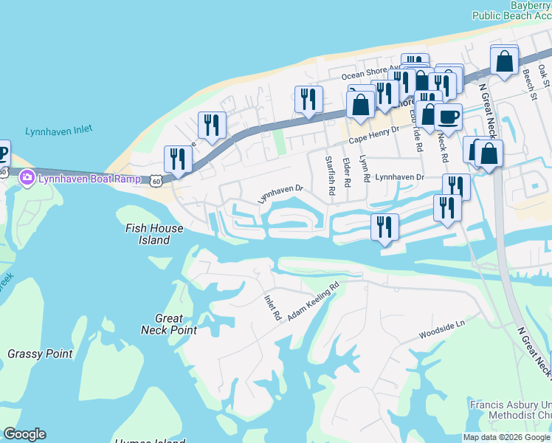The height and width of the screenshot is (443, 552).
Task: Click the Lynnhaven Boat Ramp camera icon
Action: pos(27,177)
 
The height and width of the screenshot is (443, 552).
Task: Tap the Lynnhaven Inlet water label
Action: pos(58,131)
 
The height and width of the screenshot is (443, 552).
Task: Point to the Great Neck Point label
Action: pos(169,324)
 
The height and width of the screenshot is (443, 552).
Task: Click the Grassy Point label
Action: pos(40,354)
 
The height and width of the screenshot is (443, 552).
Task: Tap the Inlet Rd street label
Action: pos(273,307)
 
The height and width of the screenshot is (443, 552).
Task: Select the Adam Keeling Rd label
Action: pos(313,301)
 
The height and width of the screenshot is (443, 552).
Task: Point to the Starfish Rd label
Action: pos(331,175)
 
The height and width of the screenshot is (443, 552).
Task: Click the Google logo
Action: pos(24,434)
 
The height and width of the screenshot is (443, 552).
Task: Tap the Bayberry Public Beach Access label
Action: pos(512,10)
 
